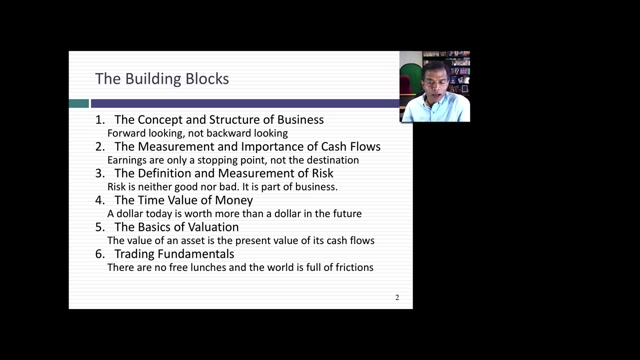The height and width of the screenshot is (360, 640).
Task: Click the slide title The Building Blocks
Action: point(162,79)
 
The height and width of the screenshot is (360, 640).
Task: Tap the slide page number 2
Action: point(397,297)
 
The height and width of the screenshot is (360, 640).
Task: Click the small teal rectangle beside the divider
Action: point(79,103)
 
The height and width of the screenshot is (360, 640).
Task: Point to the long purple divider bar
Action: point(245,103)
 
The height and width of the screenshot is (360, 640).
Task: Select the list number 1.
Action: point(100,120)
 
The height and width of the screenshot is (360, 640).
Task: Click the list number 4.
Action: point(100,200)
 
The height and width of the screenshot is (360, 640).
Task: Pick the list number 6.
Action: point(100,254)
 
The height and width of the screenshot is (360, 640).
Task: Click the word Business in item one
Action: point(300,120)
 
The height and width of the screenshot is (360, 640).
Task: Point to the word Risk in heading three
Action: point(323,173)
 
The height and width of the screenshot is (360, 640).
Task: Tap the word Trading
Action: point(134,254)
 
